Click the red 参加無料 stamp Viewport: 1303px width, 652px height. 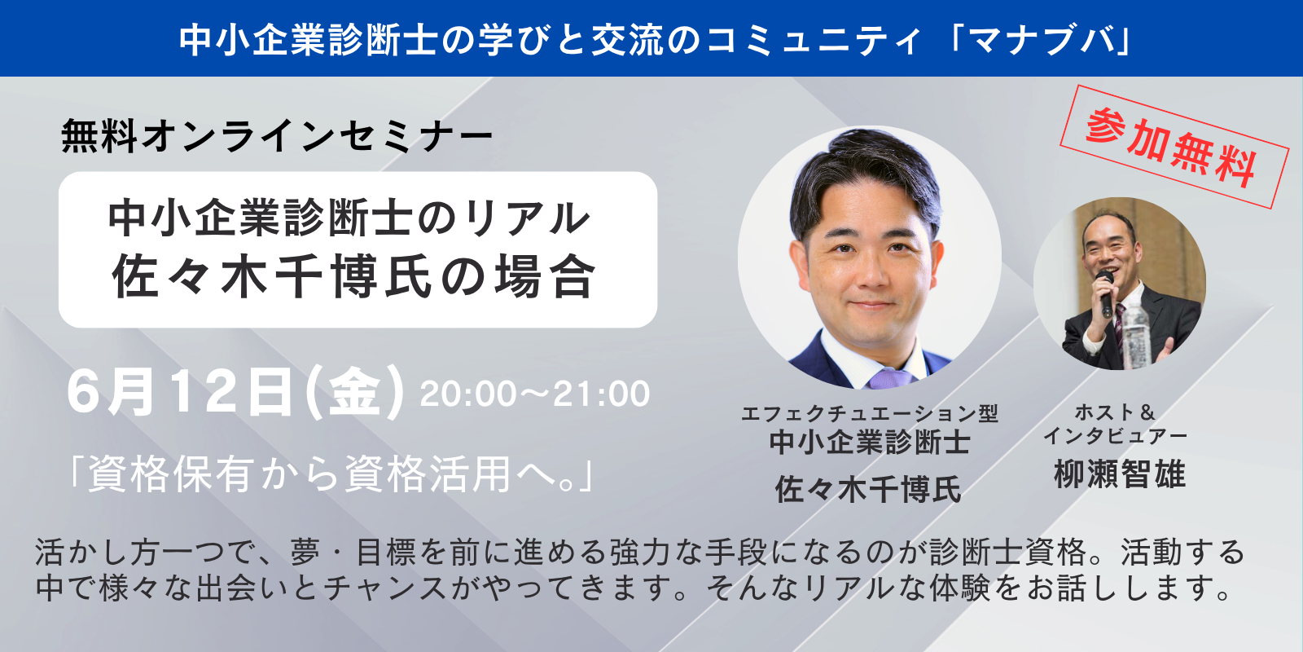coord(1174,147)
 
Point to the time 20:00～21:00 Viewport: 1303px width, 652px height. coord(534,394)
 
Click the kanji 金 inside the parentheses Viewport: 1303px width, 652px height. coord(354,394)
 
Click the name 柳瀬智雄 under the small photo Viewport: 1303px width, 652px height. coord(1120,474)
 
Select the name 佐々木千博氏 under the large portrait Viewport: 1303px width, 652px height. coord(868,488)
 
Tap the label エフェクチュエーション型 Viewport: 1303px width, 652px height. coord(869,413)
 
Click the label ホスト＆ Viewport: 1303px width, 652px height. coord(1115,412)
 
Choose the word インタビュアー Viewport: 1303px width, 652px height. coord(1116,436)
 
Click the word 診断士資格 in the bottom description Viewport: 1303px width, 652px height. coord(1009,552)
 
